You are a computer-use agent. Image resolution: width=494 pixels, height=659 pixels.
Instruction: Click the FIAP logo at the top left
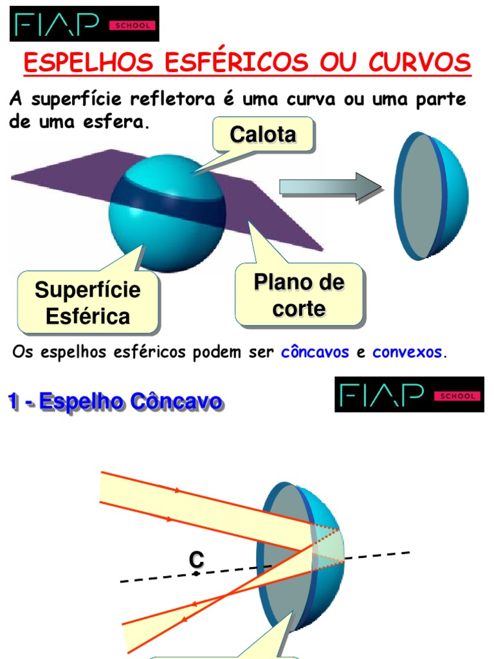84,24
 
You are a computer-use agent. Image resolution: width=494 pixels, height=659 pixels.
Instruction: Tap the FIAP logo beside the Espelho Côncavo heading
409,394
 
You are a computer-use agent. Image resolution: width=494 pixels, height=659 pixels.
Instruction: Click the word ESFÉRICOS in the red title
237,62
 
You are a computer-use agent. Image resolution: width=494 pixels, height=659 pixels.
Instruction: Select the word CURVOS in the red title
419,62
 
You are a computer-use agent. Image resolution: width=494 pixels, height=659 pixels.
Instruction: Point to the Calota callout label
263,135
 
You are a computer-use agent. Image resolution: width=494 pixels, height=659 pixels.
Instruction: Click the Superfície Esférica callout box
87,302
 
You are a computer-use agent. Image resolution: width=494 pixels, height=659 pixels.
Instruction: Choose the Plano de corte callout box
299,295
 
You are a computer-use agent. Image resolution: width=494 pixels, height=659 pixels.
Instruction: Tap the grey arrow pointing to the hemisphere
331,187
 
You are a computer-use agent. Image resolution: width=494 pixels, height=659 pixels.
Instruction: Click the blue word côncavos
315,352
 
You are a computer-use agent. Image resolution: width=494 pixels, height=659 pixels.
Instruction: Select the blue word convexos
407,352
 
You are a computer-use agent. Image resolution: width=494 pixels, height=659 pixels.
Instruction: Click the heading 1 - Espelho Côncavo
115,402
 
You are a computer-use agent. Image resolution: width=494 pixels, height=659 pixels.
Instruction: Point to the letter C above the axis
196,560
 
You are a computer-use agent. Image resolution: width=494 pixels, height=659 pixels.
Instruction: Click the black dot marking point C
196,573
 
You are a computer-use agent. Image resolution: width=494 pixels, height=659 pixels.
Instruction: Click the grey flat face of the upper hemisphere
420,196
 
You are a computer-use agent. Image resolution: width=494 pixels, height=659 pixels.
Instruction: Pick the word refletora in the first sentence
172,99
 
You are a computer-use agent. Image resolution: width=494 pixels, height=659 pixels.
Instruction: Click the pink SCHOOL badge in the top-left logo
133,25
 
